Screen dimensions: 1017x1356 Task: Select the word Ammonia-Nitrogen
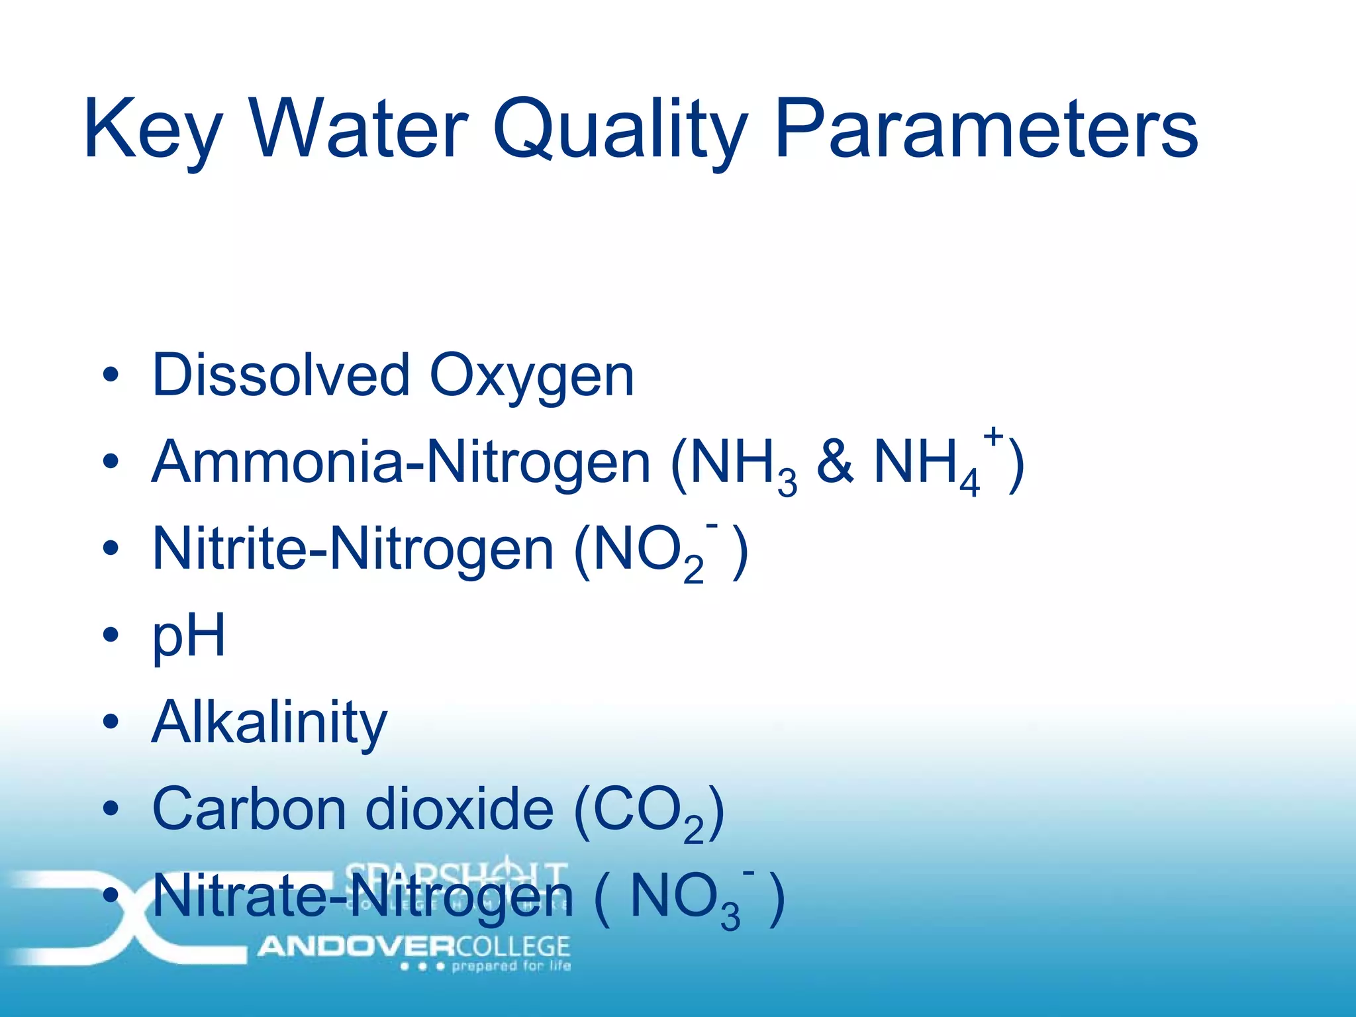(401, 461)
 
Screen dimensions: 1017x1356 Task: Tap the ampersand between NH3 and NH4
(835, 461)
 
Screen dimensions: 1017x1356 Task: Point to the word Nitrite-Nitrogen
(352, 548)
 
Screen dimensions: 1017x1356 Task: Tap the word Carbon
(249, 809)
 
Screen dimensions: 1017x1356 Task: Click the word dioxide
(459, 809)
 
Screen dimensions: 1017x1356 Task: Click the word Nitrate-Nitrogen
(362, 896)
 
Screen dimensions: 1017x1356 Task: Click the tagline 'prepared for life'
(510, 966)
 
